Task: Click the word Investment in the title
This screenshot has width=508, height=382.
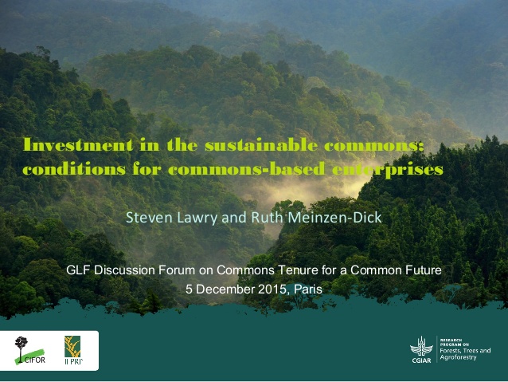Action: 78,145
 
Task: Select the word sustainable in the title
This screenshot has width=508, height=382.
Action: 261,145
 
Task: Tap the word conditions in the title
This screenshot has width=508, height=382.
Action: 74,169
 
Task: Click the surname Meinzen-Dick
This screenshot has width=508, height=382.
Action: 334,218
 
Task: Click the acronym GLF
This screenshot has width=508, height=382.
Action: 78,270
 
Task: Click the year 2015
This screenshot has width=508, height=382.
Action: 272,289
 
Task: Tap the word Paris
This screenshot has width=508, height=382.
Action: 308,289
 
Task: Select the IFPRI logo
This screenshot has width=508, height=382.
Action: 73,350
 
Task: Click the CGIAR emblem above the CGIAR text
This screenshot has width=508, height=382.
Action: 421,346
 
